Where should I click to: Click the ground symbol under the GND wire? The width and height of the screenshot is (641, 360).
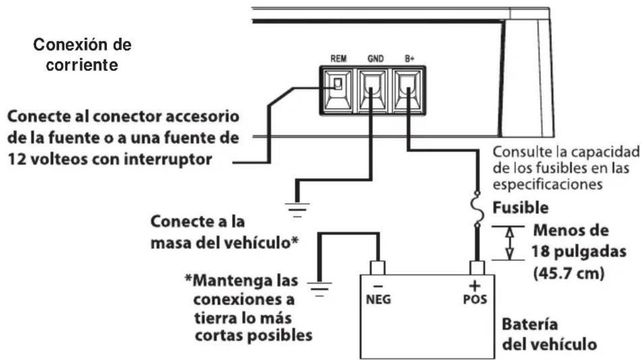(298, 208)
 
